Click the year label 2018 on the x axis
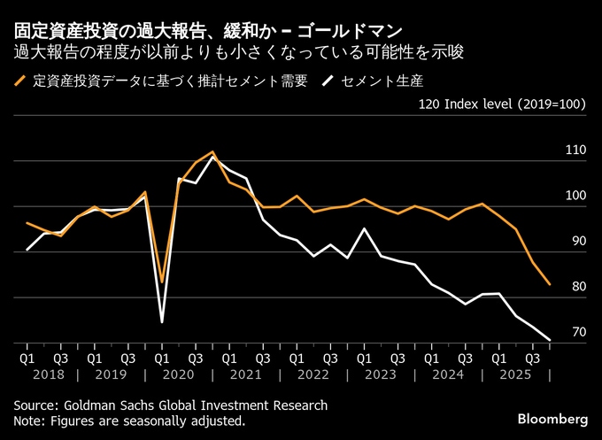point(44,374)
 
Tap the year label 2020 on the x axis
point(179,374)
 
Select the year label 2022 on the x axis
point(313,374)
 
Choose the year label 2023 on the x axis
point(381,374)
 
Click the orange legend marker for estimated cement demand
point(19,82)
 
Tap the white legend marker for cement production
point(328,82)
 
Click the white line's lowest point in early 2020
point(162,321)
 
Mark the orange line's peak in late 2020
point(212,152)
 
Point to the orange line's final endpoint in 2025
point(550,285)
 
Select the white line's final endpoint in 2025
point(550,339)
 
